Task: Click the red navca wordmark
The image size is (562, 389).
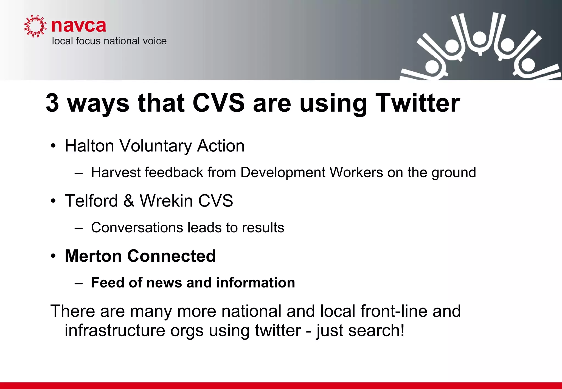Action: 78,26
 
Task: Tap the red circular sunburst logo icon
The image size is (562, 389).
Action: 35,26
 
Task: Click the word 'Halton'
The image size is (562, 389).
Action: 89,146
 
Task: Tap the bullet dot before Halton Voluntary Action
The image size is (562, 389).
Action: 53,146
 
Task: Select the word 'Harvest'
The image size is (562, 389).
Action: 116,173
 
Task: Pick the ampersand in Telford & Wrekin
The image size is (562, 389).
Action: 129,201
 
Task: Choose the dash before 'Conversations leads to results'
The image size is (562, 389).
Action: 78,228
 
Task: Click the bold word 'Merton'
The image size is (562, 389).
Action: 93,256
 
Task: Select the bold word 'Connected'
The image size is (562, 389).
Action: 172,256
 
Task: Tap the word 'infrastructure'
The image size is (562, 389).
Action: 115,330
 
